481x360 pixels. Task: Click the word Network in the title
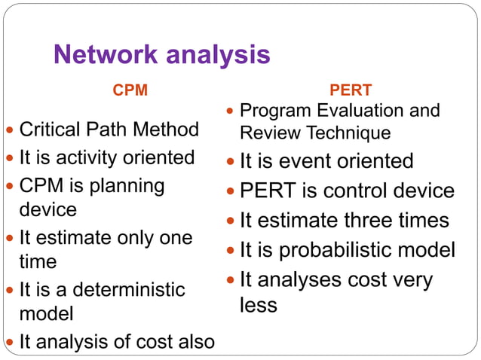click(x=106, y=55)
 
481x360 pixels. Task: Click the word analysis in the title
click(x=219, y=55)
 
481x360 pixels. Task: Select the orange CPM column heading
click(x=130, y=90)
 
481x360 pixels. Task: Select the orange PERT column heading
click(x=351, y=90)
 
